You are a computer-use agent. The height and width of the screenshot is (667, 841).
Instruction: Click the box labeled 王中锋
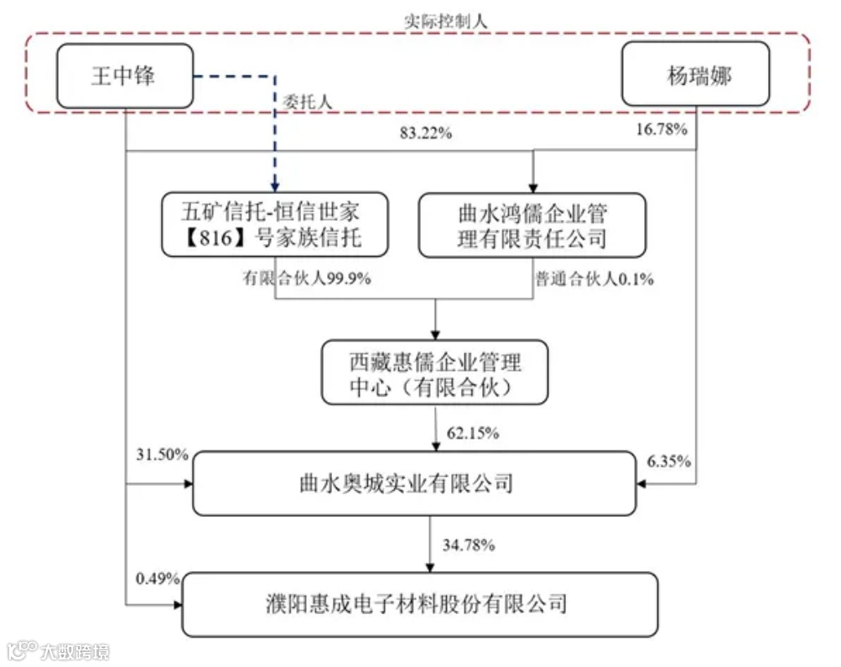pos(125,76)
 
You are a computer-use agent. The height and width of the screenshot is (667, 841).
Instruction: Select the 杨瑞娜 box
pos(695,76)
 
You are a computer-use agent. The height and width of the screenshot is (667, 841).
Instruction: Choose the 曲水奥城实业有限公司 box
pos(414,483)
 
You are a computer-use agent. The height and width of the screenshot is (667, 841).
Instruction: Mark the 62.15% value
pos(473,433)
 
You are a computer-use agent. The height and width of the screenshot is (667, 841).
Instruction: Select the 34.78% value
pos(470,545)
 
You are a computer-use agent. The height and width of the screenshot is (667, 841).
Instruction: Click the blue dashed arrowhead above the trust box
pos(273,185)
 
